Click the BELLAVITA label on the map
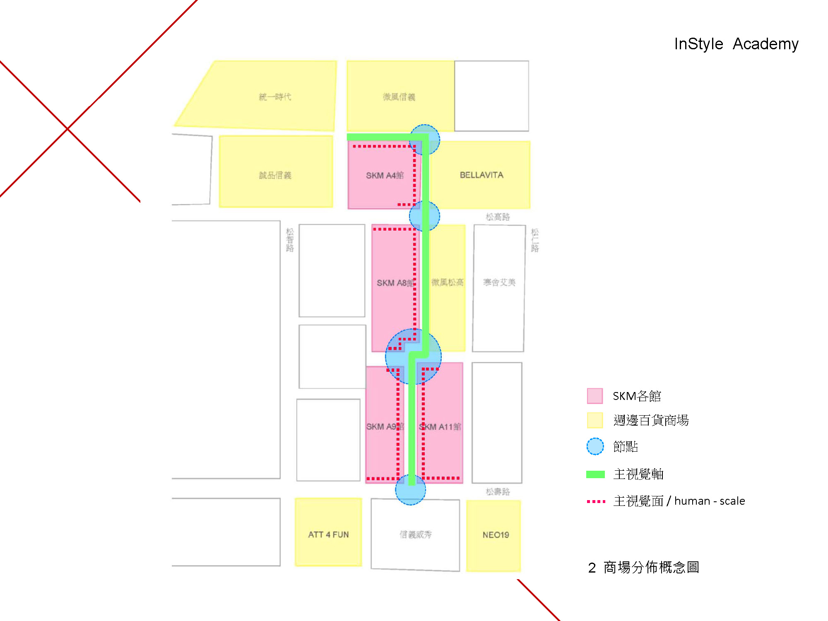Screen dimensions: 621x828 click(481, 175)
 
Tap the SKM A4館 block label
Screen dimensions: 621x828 click(385, 176)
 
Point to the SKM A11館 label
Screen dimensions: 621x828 click(440, 427)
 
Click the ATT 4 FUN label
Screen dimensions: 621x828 click(328, 534)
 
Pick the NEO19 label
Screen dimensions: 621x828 click(496, 535)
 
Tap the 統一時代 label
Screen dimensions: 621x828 click(275, 97)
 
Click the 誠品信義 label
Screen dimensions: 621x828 click(275, 176)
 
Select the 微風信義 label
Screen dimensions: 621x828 click(399, 97)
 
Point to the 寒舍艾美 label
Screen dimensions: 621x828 click(499, 282)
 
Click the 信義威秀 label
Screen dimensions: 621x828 click(415, 534)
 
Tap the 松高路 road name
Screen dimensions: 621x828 click(498, 217)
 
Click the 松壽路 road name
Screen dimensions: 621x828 click(498, 491)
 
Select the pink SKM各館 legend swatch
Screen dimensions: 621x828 click(595, 396)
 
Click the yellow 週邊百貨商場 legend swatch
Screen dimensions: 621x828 click(595, 420)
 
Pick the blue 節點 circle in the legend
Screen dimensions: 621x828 click(595, 446)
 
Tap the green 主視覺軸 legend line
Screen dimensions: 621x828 click(595, 474)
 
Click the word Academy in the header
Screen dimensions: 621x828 click(765, 44)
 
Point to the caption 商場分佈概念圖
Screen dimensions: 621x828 click(651, 567)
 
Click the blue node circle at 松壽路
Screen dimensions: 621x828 click(410, 490)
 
